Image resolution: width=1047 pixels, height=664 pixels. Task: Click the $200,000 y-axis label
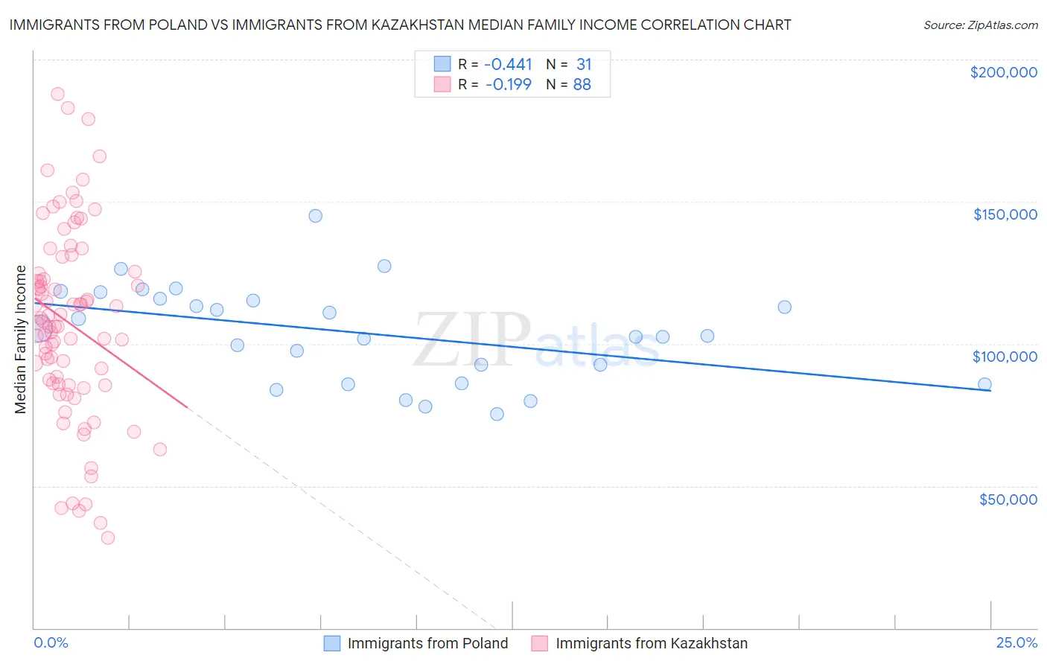tap(1003, 72)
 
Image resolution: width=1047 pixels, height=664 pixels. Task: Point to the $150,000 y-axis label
tap(1005, 214)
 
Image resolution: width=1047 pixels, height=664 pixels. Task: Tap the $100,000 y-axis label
tap(1005, 357)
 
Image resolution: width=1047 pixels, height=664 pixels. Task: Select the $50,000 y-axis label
tap(1008, 499)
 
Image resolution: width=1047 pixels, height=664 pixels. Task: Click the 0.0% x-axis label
tap(51, 642)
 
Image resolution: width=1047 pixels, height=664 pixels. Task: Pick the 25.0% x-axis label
tap(1016, 642)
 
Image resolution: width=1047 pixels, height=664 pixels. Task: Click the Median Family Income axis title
tap(21, 339)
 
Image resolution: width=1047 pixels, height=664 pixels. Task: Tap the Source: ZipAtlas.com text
tap(980, 25)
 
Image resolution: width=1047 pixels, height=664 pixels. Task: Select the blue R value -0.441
tap(508, 65)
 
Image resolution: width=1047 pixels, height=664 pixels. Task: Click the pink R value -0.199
tap(508, 85)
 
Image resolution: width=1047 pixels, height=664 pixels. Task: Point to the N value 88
tap(582, 85)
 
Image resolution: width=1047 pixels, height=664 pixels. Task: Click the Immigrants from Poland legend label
tap(427, 643)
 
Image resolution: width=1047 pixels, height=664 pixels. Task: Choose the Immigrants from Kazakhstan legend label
tap(652, 643)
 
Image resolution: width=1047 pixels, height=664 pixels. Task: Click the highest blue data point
tap(316, 216)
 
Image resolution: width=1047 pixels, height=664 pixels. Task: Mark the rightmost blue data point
tap(984, 385)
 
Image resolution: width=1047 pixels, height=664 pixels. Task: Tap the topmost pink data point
tap(57, 94)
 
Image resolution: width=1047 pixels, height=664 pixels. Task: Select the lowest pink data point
tap(108, 537)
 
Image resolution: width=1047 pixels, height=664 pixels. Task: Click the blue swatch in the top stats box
tap(442, 65)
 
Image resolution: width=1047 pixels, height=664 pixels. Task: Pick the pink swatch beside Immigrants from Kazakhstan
tap(540, 643)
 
